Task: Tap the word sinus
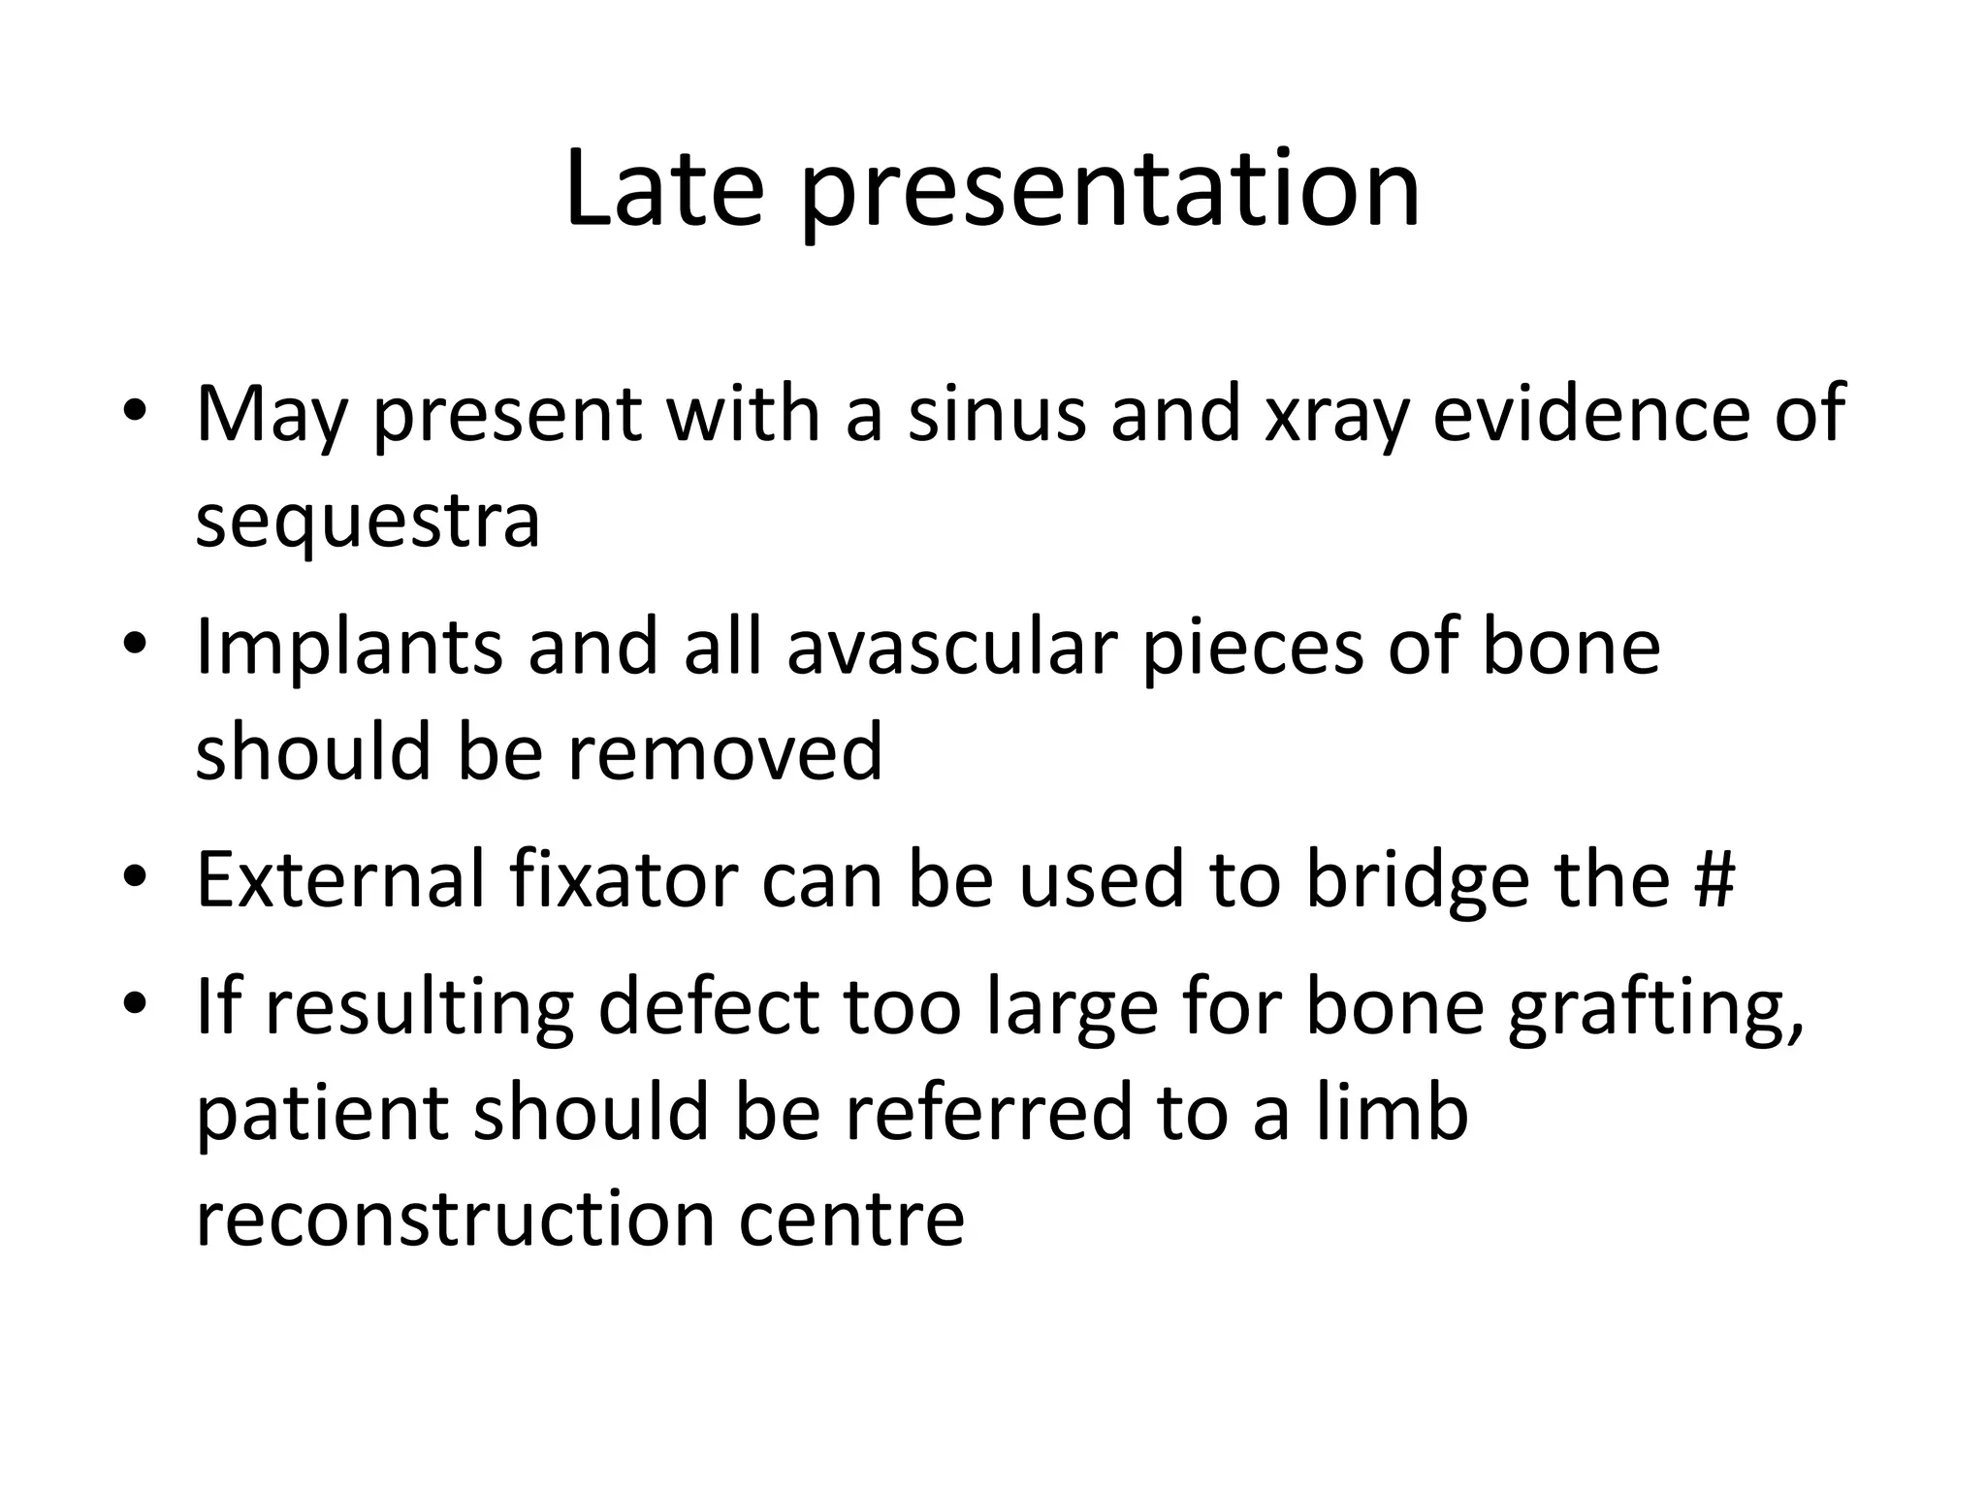(996, 414)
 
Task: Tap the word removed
(724, 752)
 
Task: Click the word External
(339, 879)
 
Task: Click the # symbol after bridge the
(1714, 879)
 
